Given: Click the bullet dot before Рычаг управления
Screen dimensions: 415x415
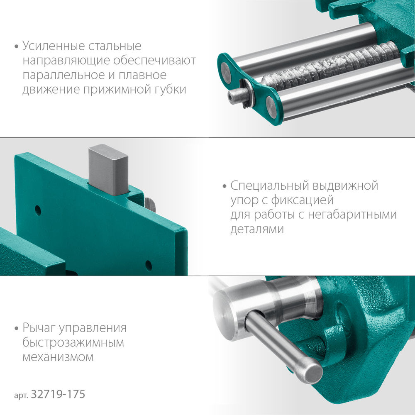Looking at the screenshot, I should point(16,329).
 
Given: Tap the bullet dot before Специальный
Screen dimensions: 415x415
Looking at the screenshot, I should point(225,186).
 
